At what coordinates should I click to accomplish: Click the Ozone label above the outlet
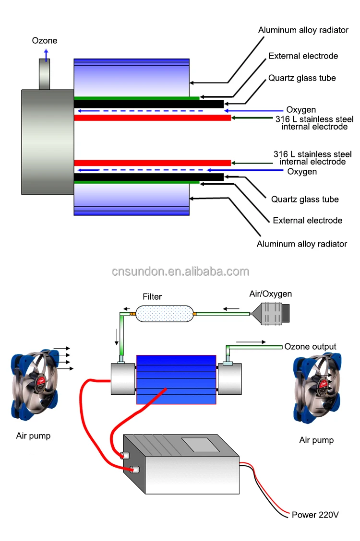(x=45, y=41)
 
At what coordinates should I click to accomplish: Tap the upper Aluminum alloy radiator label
(x=303, y=30)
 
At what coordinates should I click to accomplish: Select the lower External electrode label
(x=308, y=220)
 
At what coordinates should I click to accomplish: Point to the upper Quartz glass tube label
(x=302, y=78)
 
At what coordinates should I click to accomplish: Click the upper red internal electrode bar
(x=152, y=118)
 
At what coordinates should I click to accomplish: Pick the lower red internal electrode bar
(x=152, y=163)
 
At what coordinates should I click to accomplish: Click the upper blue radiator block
(x=132, y=77)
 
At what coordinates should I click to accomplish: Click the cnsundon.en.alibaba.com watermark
(x=180, y=271)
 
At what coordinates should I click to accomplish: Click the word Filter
(x=152, y=297)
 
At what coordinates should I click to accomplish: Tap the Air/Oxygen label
(x=271, y=294)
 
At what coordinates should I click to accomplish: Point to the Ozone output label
(x=310, y=346)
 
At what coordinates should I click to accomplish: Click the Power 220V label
(x=315, y=515)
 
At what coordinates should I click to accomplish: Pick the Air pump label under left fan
(x=33, y=436)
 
